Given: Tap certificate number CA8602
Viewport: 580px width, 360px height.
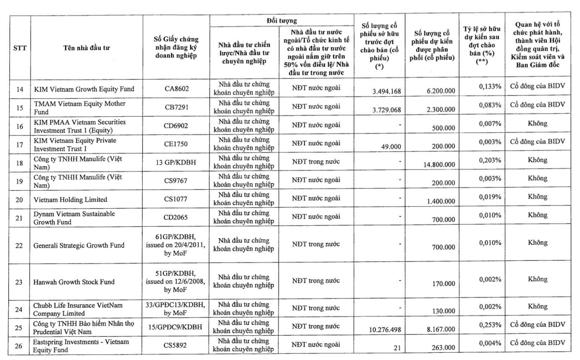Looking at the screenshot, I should click(x=178, y=88).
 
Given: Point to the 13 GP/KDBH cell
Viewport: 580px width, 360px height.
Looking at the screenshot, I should click(x=178, y=161).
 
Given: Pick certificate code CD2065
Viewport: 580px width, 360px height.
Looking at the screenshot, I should click(x=178, y=217).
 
